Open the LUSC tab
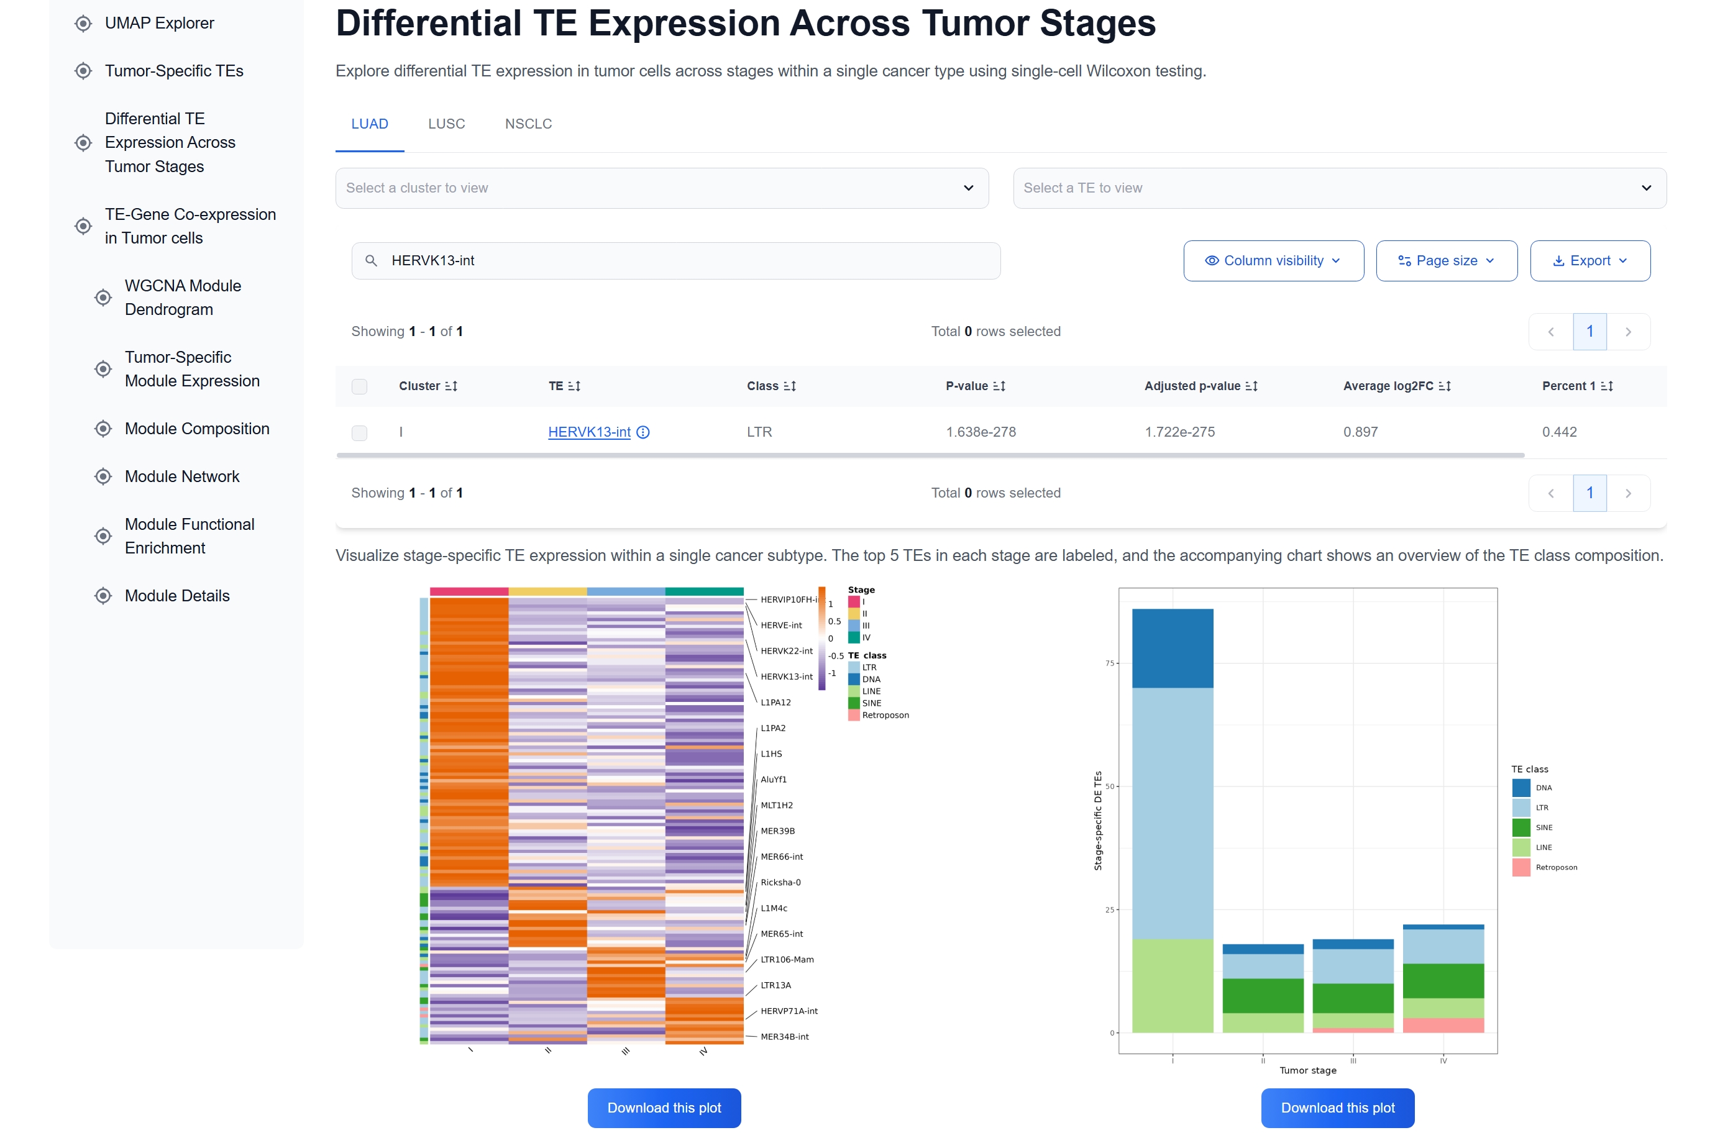click(x=446, y=124)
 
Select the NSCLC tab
click(x=528, y=124)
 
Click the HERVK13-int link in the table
click(x=589, y=432)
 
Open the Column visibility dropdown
click(x=1273, y=261)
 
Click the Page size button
click(x=1446, y=261)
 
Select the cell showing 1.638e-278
click(x=981, y=432)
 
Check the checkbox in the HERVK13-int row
click(x=360, y=433)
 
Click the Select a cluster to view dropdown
click(x=661, y=188)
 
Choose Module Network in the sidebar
click(x=181, y=476)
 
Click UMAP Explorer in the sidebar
click(x=159, y=24)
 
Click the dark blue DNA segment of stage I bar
click(x=1173, y=648)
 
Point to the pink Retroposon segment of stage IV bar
click(x=1443, y=1026)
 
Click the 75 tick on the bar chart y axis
click(x=1110, y=663)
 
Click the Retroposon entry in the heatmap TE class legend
click(x=884, y=716)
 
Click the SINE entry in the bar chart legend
click(x=1543, y=828)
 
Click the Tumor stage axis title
click(x=1307, y=1070)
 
